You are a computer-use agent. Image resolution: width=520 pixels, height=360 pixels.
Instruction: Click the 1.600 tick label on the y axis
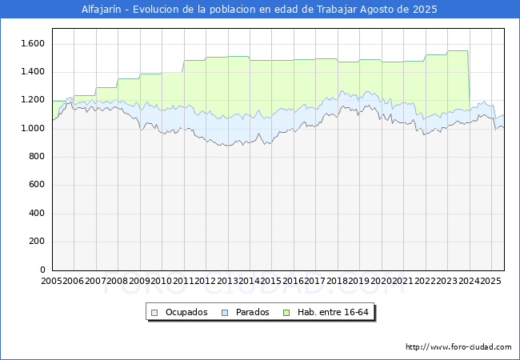(33, 43)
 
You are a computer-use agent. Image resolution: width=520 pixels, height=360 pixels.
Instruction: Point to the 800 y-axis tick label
(37, 157)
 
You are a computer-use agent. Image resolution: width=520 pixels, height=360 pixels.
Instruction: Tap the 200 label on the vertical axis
(37, 242)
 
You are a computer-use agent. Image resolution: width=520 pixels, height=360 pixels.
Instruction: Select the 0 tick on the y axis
(42, 270)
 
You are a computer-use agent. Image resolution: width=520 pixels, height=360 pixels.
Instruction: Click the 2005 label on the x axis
(51, 281)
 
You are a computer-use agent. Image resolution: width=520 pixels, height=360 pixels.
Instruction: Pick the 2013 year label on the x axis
(227, 281)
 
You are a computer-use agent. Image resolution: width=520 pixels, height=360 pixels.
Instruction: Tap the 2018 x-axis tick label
(338, 281)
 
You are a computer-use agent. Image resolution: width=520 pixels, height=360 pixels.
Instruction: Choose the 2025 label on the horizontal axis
(490, 281)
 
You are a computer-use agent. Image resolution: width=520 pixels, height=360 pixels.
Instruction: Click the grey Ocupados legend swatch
(154, 313)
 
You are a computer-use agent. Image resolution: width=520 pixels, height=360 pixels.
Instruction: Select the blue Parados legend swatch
(225, 313)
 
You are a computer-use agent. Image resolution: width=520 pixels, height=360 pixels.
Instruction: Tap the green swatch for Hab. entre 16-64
(286, 313)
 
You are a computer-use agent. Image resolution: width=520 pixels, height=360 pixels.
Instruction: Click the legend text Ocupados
(186, 312)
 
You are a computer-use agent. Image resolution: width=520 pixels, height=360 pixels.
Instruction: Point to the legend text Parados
(252, 312)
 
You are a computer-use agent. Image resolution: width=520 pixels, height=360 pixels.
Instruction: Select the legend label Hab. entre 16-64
(333, 312)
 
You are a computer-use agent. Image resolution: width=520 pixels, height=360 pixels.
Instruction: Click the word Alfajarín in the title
(102, 10)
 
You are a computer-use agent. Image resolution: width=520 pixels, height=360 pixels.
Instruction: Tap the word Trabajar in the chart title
(337, 10)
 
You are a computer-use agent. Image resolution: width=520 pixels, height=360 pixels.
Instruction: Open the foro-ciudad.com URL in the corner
(458, 347)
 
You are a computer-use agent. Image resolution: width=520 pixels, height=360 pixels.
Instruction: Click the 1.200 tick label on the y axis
(33, 100)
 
